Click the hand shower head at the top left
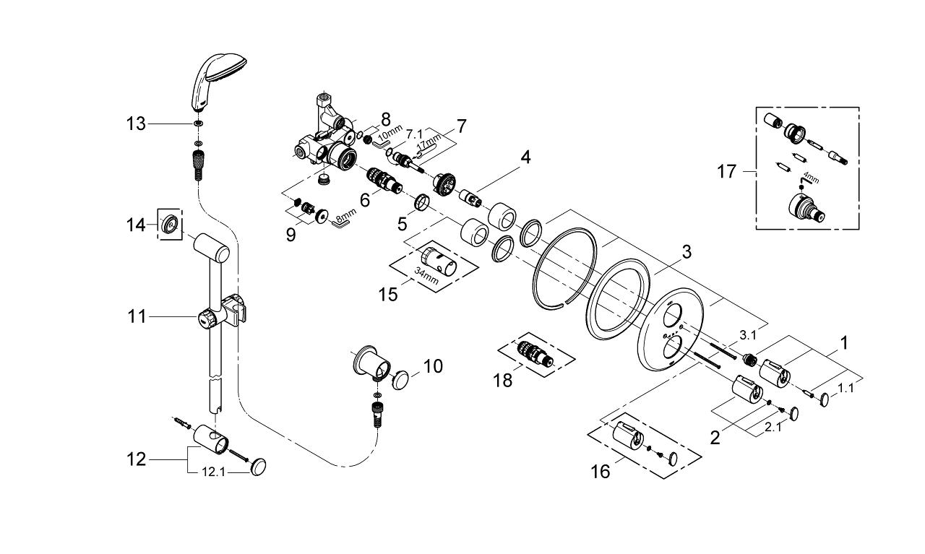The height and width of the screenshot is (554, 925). coord(217,80)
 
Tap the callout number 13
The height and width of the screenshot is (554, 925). coord(136,124)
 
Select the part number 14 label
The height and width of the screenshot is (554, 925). coord(136,225)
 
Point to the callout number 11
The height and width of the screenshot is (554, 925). coord(137,317)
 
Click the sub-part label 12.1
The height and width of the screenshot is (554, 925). coord(213,472)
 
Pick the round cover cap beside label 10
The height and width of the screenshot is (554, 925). coord(400,380)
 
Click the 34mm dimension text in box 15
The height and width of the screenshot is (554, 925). coord(426,275)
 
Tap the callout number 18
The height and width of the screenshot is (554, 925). coord(503,380)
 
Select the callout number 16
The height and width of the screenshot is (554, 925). coord(601,472)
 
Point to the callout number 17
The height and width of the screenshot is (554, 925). coord(727,171)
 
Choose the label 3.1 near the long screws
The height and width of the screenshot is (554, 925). coord(748,336)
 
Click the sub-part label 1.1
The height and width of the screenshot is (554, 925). coord(846,388)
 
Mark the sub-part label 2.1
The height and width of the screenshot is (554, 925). coord(773,428)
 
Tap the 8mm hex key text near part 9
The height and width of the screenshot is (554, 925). coord(346,215)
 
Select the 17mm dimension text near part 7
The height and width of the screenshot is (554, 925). coord(429,141)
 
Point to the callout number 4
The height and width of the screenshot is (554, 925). coord(525,157)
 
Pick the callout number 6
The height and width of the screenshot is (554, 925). coord(365,201)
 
